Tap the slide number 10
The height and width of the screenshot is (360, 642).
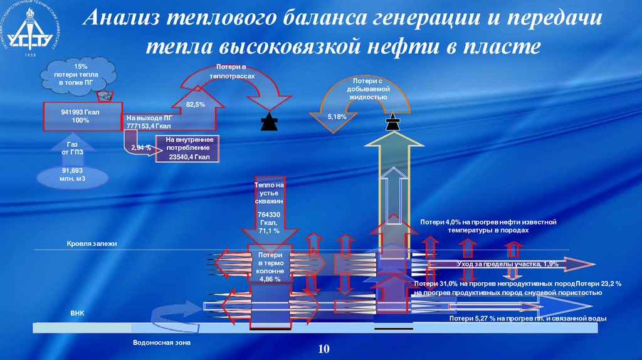324,349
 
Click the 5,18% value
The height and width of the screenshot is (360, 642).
337,117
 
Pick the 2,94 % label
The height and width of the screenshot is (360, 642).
142,147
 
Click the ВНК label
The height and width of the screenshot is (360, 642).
77,312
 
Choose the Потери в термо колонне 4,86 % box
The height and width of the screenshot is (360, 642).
270,267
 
